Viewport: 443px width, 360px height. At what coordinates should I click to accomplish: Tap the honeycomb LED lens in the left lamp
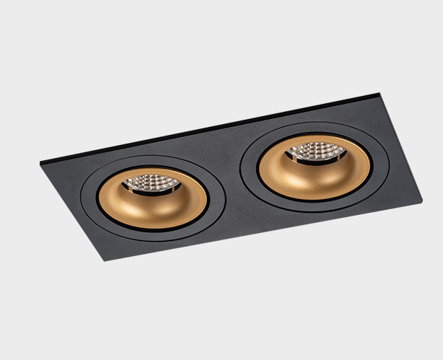152,181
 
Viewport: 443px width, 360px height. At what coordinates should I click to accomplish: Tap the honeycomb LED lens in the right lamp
315,152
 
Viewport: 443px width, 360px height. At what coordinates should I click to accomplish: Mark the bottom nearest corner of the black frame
106,260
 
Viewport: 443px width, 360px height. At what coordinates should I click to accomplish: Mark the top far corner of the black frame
380,93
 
